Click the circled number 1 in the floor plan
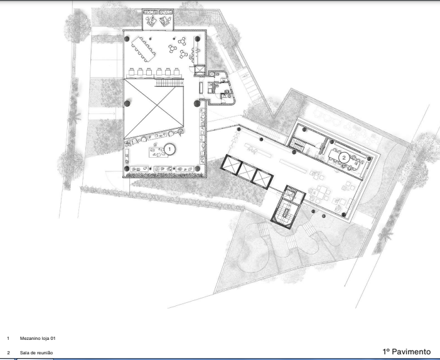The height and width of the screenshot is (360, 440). pos(169,150)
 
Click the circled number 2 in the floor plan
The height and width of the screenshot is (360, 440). pos(344,158)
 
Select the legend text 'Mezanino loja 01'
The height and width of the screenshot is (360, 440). pos(38,339)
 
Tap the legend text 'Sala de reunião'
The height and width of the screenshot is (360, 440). pos(36,352)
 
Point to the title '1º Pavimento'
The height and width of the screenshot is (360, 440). pos(406,352)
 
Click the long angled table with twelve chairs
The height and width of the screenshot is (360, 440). pos(143,49)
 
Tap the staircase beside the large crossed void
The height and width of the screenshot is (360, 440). pos(169,82)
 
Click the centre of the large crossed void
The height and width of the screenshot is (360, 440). pos(154,109)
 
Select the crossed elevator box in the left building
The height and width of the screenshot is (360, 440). pos(200,70)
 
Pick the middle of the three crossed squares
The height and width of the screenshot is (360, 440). pos(247,172)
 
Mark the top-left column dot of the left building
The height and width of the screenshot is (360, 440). pos(127,39)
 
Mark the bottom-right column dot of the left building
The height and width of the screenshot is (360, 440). pos(197,168)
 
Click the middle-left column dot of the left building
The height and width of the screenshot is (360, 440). pos(127,104)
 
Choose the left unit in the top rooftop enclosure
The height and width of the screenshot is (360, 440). pos(151,19)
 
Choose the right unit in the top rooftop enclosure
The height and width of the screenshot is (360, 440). pos(166,19)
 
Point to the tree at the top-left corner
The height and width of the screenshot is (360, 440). pos(77,26)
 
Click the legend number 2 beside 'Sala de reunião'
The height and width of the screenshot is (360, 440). pos(8,352)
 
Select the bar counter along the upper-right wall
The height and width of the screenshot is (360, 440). pos(196,51)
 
